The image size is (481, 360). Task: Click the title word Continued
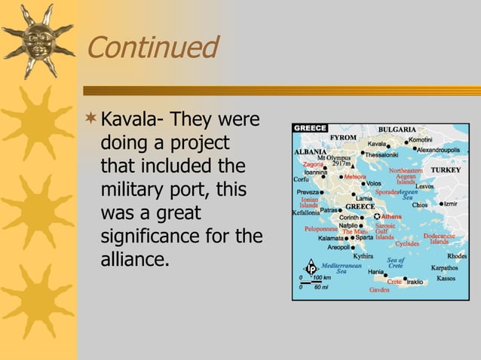152,48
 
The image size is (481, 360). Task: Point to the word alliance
133,261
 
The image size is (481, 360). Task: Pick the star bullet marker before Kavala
91,120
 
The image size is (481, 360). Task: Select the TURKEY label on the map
445,170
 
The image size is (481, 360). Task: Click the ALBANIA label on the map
309,151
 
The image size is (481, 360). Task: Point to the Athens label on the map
391,217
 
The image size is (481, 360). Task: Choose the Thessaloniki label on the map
385,154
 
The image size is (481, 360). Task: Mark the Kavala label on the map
376,143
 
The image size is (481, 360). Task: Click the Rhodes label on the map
456,256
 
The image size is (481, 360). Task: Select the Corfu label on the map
301,179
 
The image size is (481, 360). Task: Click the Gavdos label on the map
379,289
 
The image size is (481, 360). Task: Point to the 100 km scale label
323,278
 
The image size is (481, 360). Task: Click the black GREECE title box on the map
310,128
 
